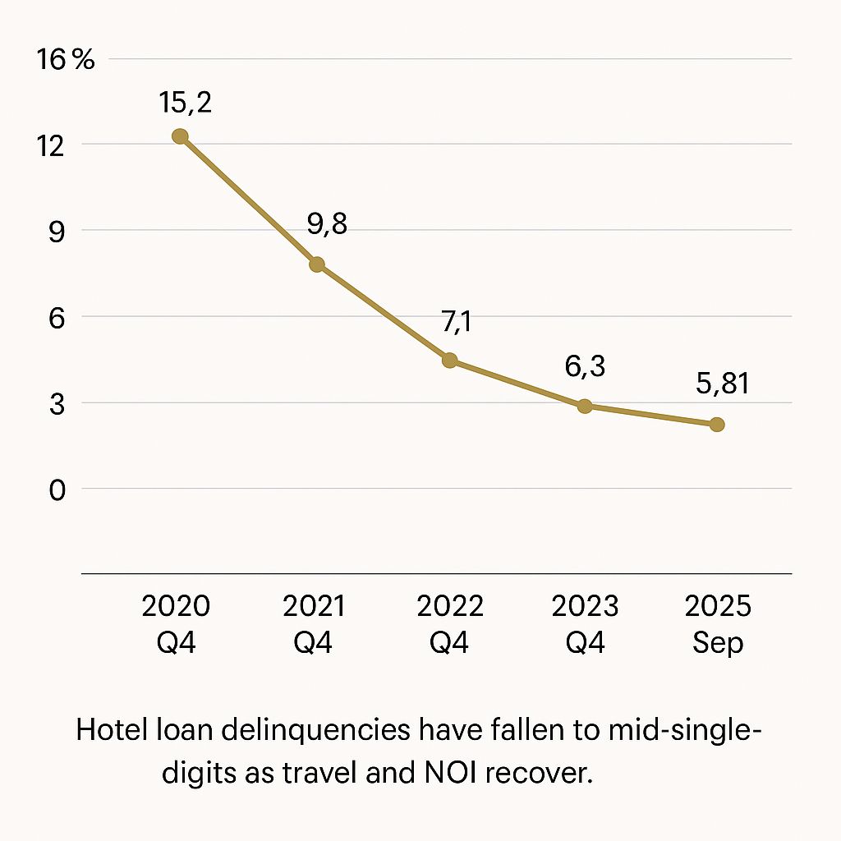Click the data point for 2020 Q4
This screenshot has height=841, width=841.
click(x=180, y=136)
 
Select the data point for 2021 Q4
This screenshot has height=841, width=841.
click(x=317, y=264)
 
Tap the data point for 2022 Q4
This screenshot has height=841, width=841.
click(x=449, y=361)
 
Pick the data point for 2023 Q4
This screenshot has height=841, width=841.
click(x=585, y=406)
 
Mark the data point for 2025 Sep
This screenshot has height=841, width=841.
click(x=717, y=425)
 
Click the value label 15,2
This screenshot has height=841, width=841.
click(x=184, y=104)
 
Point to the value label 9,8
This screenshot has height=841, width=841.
click(x=327, y=225)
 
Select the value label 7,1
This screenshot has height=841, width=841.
click(x=457, y=323)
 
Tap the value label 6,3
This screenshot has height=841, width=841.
click(x=585, y=366)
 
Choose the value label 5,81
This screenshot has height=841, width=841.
click(x=717, y=383)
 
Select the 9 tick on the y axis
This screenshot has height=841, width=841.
click(x=57, y=231)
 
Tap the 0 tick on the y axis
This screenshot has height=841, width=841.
click(x=57, y=490)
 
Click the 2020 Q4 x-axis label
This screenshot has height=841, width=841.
click(x=176, y=624)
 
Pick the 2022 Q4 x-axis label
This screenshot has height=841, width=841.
click(x=450, y=624)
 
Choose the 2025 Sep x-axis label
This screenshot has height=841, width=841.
click(x=718, y=624)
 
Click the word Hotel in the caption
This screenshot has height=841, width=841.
click(x=108, y=730)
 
